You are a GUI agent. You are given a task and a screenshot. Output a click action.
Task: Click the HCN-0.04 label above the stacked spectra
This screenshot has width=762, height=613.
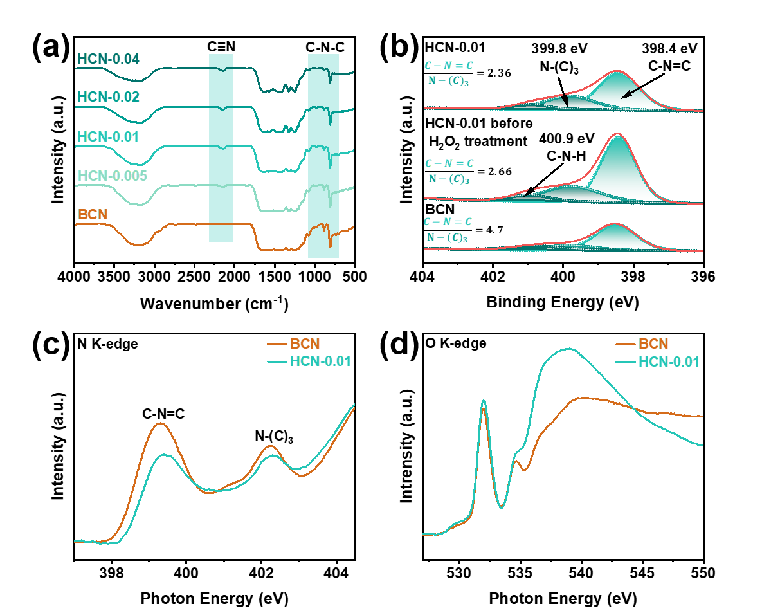(x=108, y=59)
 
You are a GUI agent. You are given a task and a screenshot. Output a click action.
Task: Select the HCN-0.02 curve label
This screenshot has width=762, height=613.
(x=108, y=97)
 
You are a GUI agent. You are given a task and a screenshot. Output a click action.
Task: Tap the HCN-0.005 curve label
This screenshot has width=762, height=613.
(x=113, y=176)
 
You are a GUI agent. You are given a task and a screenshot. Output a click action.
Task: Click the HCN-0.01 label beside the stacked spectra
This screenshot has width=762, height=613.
(x=108, y=137)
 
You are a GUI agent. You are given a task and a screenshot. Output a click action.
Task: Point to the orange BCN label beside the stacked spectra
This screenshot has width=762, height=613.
(x=93, y=215)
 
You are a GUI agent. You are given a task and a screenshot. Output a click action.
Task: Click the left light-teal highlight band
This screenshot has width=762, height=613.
(x=221, y=148)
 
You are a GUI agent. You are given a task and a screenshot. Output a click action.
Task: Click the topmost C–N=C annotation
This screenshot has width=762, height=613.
(x=449, y=66)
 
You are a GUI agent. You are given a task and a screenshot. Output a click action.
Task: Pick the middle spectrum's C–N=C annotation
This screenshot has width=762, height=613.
(x=449, y=163)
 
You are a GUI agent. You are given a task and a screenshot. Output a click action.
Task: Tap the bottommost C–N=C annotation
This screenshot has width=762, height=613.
(x=448, y=222)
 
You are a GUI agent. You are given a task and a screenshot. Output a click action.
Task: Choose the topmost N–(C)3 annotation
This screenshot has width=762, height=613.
(x=448, y=80)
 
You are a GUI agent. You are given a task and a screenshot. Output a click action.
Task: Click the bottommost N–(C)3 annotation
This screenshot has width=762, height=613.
(x=447, y=237)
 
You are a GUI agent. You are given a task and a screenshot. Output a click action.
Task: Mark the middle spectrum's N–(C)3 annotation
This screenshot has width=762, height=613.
(x=448, y=179)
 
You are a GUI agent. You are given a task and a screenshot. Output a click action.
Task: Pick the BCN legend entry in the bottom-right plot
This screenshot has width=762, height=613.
(x=653, y=343)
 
